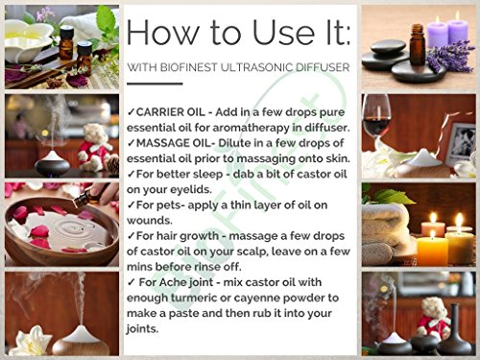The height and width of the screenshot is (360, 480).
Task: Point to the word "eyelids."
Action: click(191, 190)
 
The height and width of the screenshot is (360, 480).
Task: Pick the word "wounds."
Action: click(150, 221)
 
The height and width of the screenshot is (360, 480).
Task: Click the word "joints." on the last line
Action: click(142, 329)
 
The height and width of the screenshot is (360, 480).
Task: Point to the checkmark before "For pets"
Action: click(132, 204)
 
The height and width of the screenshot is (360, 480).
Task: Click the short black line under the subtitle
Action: click(155, 84)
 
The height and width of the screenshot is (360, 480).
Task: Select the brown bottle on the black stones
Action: click(418, 45)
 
